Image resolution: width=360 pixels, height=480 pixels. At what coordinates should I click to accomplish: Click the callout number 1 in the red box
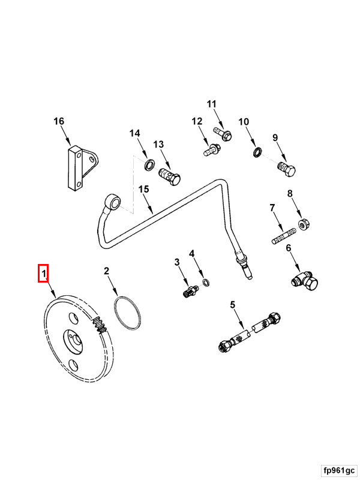click(43, 274)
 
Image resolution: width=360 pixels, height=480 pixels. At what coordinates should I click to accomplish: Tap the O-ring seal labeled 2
click(128, 313)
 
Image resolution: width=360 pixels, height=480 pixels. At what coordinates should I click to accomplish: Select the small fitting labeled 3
click(190, 292)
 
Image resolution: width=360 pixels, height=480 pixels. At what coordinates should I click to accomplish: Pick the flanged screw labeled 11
click(223, 134)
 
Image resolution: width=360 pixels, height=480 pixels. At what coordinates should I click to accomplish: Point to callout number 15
click(143, 189)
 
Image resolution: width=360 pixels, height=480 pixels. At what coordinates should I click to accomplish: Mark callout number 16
click(58, 121)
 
